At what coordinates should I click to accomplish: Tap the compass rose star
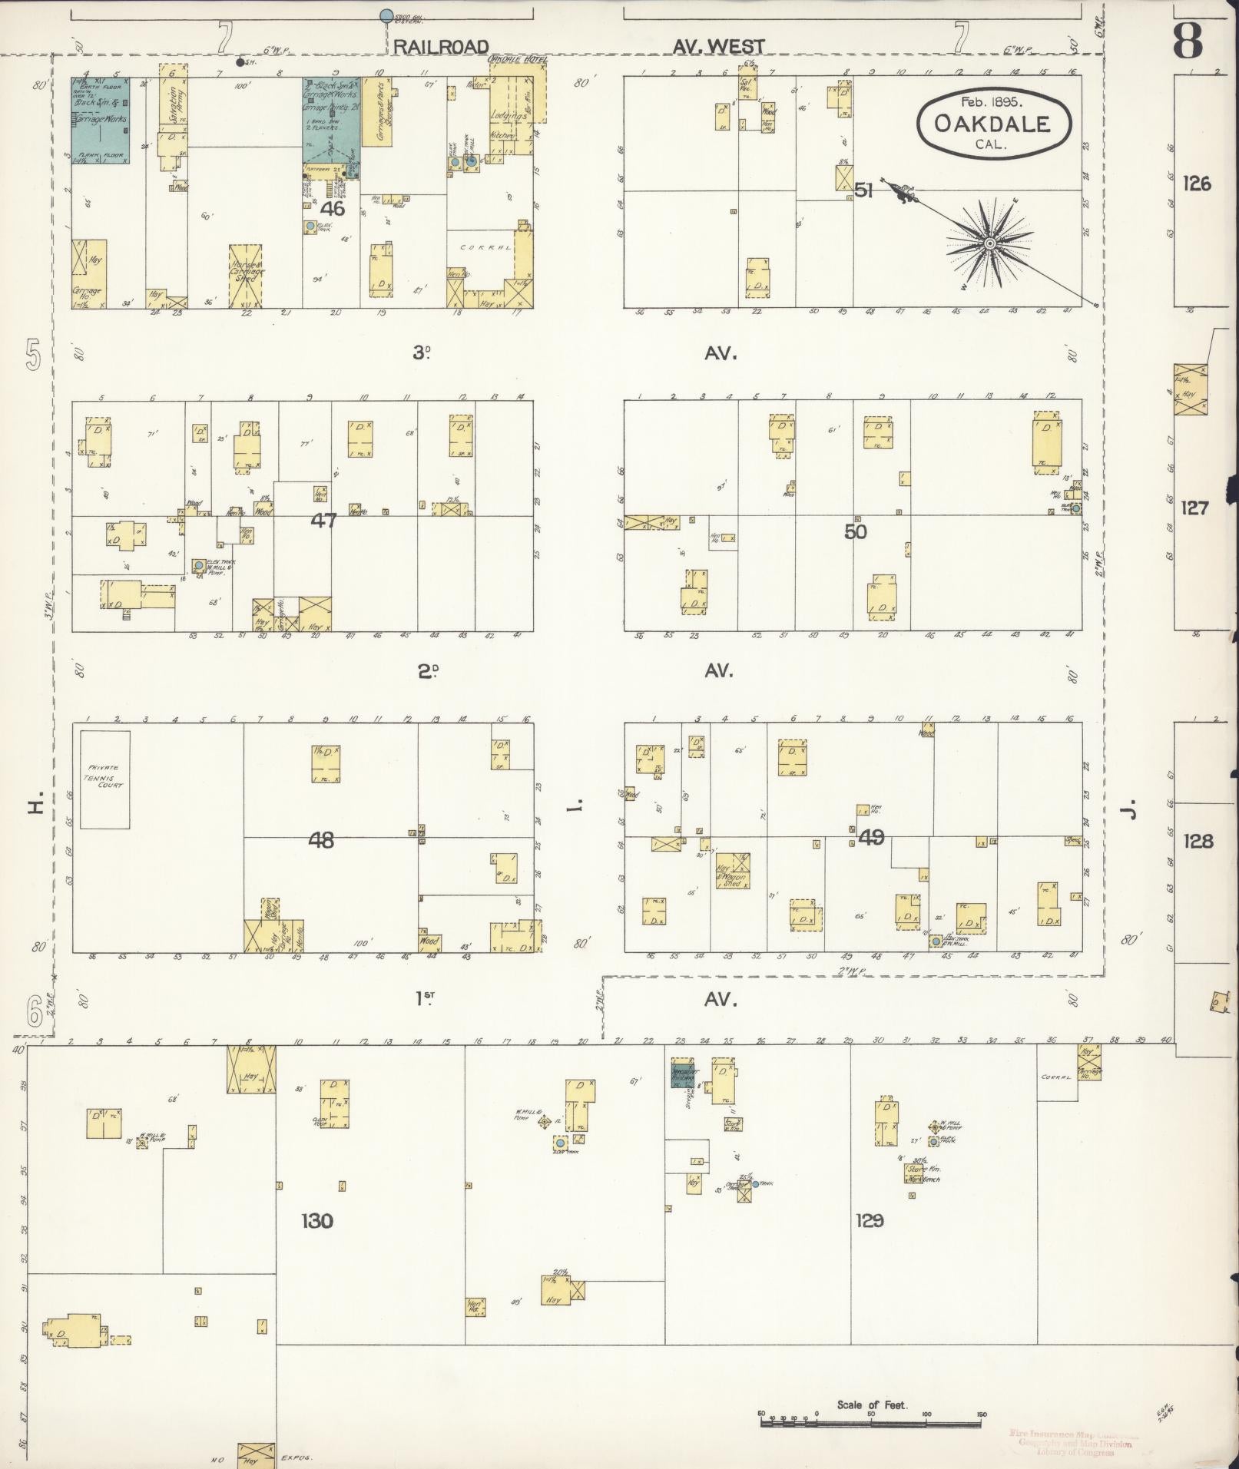(990, 243)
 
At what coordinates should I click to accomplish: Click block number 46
(333, 207)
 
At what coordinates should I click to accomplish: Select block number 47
(323, 521)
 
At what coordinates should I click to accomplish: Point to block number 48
(321, 840)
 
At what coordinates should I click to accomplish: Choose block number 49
(871, 836)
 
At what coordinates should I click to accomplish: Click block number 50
(855, 531)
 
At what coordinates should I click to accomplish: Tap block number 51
(864, 190)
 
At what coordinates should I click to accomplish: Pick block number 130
(317, 1220)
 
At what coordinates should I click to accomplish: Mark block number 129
(870, 1220)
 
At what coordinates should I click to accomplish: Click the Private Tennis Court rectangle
(105, 779)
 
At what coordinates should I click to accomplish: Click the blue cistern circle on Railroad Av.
(386, 15)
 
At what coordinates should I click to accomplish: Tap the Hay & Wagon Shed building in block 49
(732, 872)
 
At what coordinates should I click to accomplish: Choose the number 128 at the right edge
(1198, 842)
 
